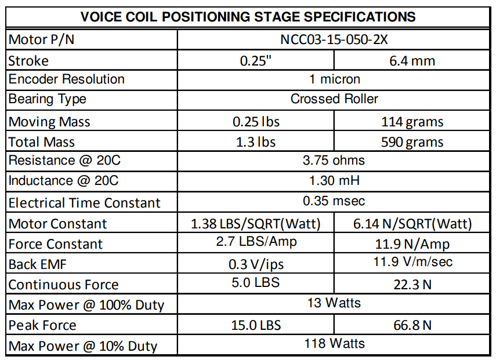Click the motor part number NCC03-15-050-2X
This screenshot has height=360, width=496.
click(334, 39)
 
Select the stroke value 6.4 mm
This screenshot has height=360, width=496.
click(412, 61)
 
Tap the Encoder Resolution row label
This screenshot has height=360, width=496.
click(67, 79)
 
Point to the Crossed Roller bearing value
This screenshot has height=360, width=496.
click(334, 99)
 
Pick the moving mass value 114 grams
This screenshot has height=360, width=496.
click(412, 122)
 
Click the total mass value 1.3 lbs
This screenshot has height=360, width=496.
click(256, 142)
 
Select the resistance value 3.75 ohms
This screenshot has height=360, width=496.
click(334, 160)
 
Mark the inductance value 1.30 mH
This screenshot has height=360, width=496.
click(334, 180)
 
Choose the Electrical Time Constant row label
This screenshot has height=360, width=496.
click(84, 203)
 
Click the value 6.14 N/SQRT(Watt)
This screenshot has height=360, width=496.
click(412, 224)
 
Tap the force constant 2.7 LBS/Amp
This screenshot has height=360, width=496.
click(256, 242)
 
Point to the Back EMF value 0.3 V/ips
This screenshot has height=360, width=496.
click(256, 264)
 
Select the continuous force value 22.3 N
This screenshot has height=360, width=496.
click(412, 285)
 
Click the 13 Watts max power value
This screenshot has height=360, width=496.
click(334, 303)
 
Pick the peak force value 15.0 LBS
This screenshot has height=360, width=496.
click(256, 325)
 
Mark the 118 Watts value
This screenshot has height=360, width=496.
click(334, 343)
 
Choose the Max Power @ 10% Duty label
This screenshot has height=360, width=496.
click(83, 346)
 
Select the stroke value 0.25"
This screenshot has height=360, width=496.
click(256, 61)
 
